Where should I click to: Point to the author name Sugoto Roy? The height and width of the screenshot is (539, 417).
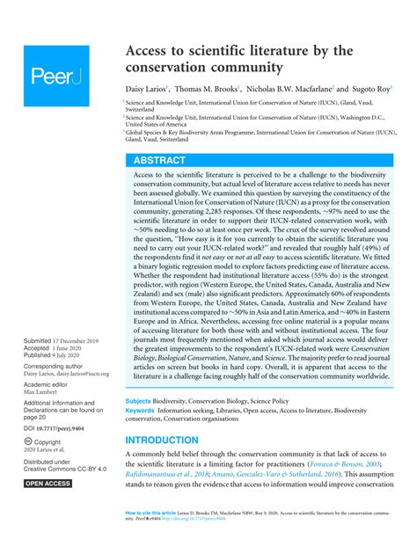point(367,90)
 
